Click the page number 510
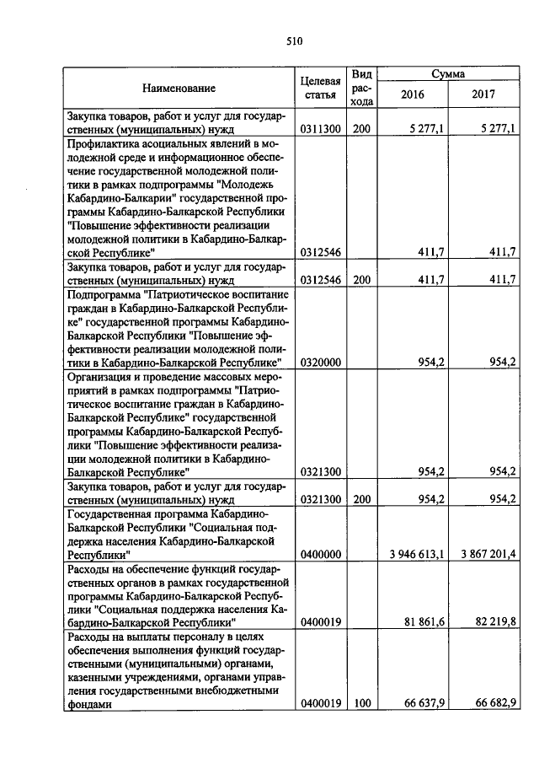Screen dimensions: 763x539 point(294,40)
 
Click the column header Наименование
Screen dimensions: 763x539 point(178,88)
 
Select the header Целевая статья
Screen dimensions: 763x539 point(320,88)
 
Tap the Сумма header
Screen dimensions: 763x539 point(448,74)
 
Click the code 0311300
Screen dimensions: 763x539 point(320,129)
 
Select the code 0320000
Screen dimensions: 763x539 point(320,362)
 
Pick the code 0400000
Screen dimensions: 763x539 point(320,555)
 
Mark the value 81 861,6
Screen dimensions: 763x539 point(424,622)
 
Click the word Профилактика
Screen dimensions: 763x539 point(104,144)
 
